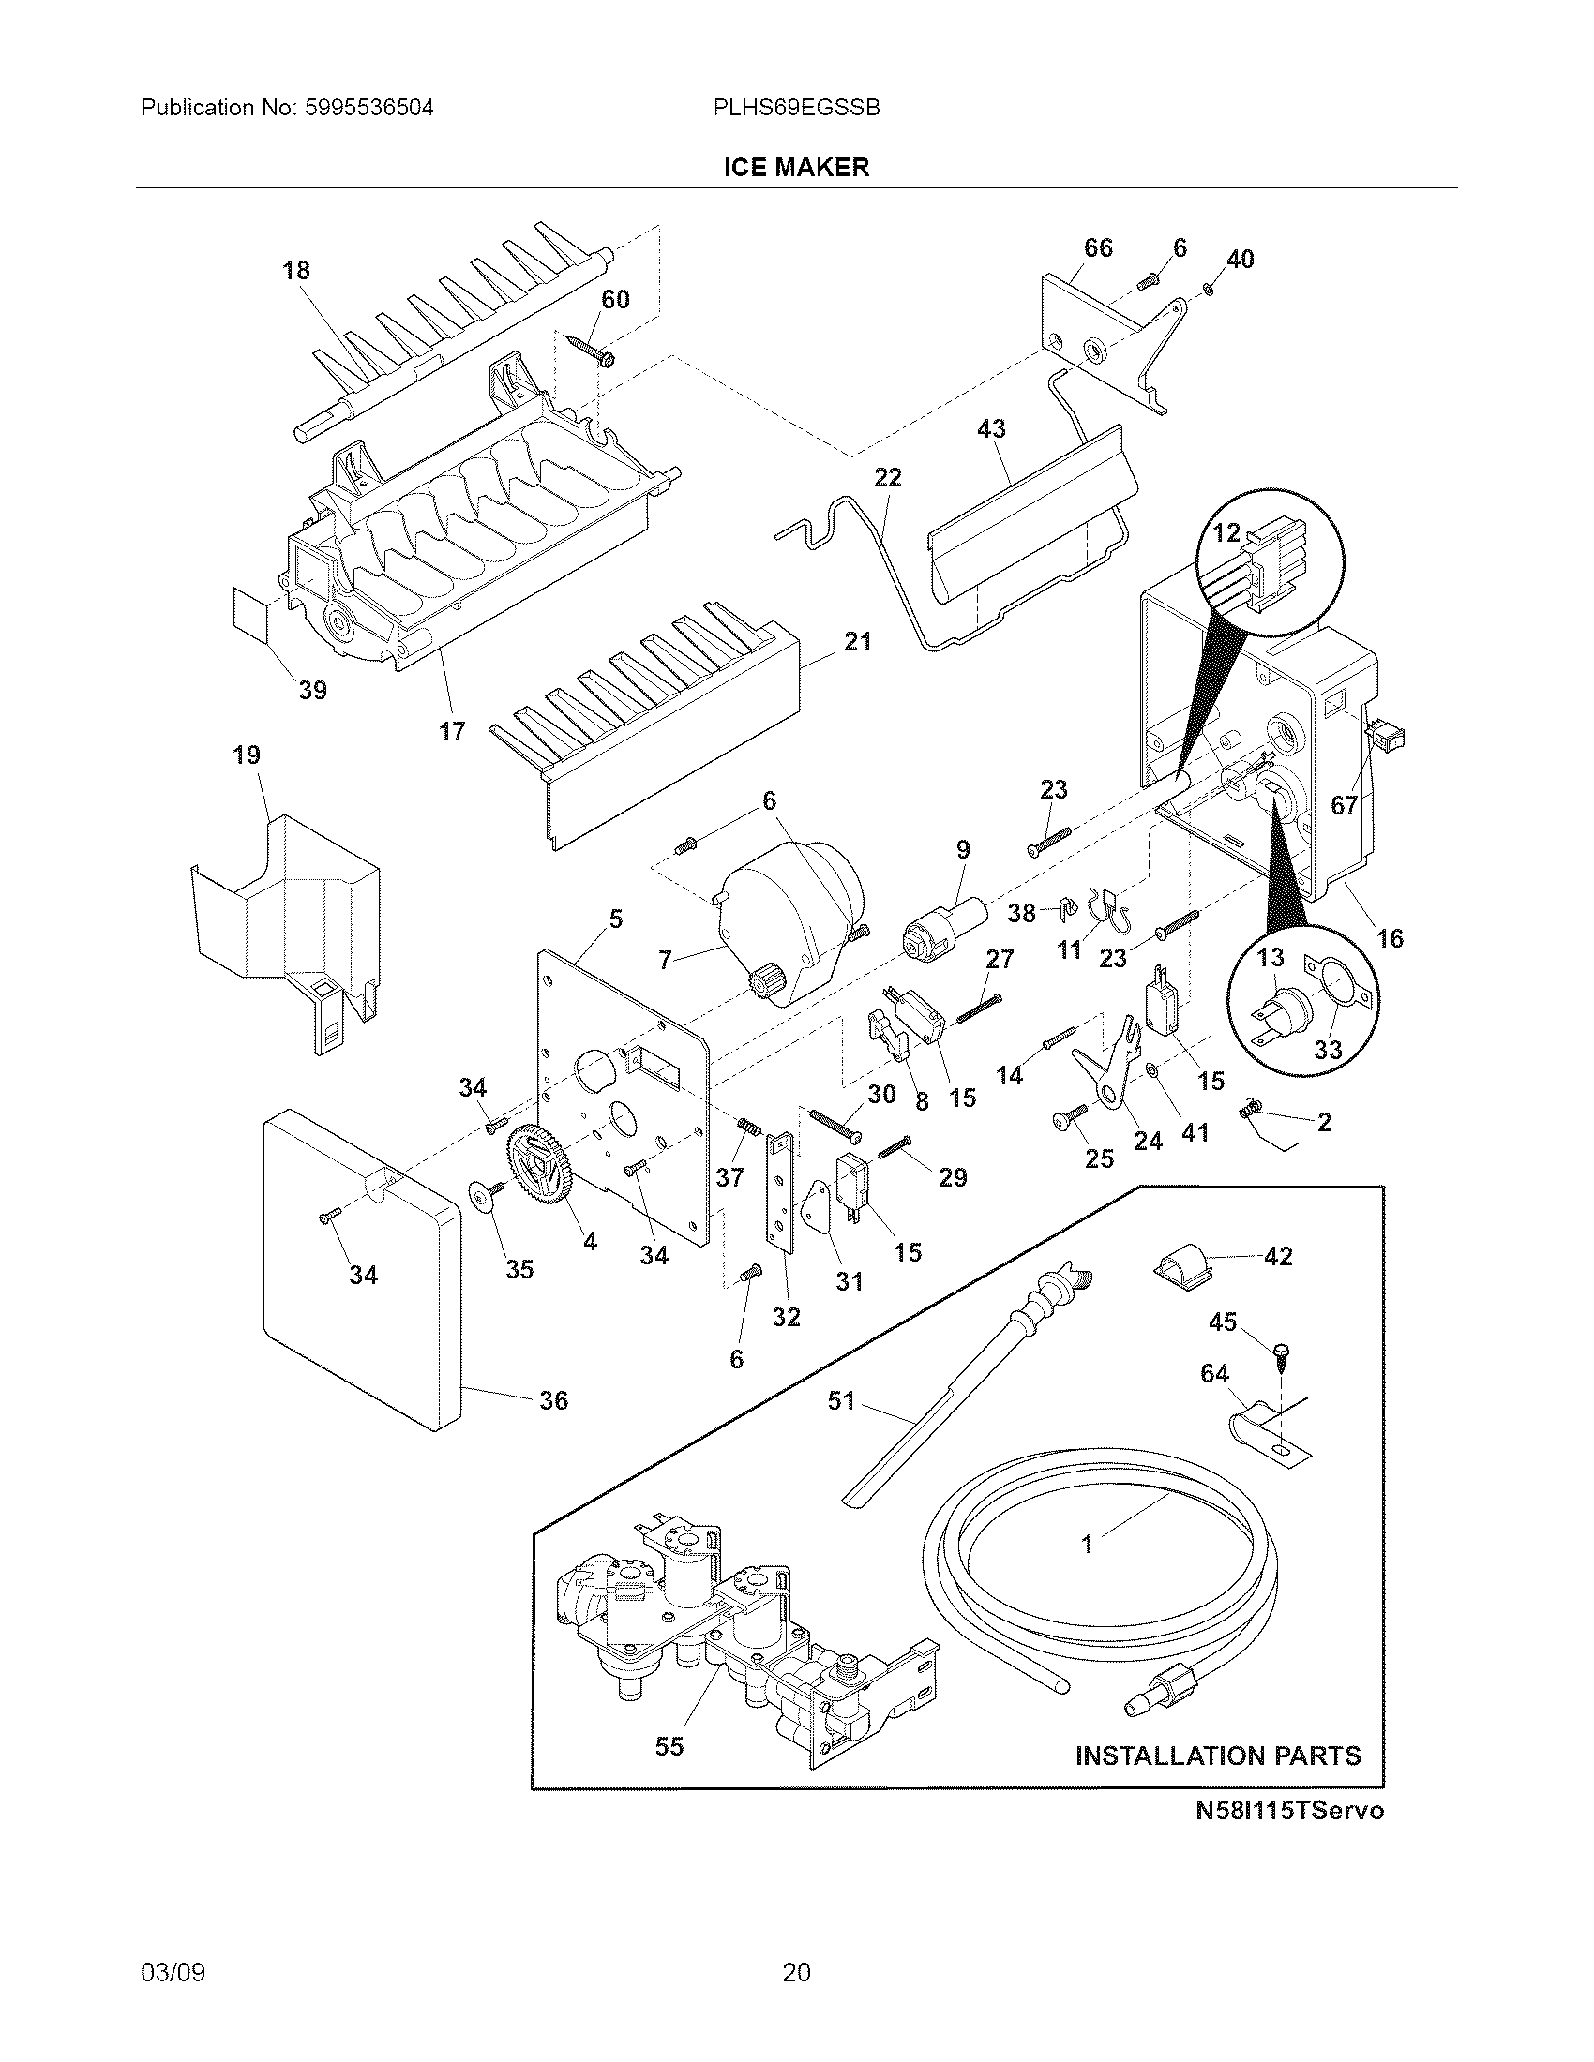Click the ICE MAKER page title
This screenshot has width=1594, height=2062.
(x=796, y=168)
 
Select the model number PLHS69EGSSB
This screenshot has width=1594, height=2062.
(x=796, y=108)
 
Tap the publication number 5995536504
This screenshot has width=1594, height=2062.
(x=368, y=108)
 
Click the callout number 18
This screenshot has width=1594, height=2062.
(x=296, y=271)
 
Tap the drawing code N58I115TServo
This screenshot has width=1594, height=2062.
(x=1289, y=1836)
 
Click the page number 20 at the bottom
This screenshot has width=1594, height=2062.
(x=796, y=1971)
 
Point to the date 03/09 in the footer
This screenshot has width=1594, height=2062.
(x=173, y=1971)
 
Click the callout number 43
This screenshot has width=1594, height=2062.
(x=990, y=428)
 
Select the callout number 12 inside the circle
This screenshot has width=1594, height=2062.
(x=1226, y=533)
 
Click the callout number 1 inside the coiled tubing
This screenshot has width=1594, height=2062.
(x=1087, y=1545)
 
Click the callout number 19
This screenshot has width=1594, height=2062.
(x=247, y=755)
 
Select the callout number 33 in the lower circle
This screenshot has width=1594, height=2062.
(x=1328, y=1050)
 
